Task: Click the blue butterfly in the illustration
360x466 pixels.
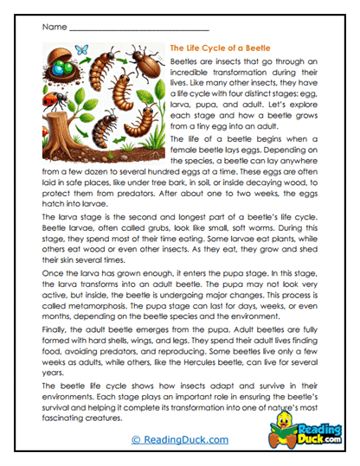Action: pos(83,51)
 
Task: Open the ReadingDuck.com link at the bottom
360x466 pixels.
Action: pos(179,440)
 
